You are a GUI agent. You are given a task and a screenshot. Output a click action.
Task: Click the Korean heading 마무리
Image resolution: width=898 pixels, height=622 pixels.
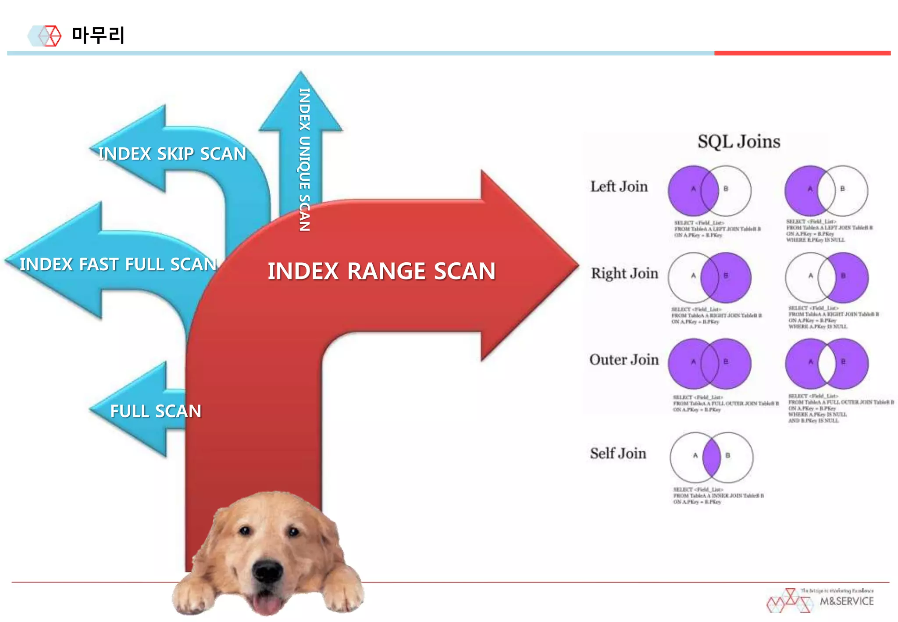click(98, 35)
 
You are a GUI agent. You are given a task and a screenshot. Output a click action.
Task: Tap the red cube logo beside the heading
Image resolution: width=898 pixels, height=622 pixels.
click(51, 36)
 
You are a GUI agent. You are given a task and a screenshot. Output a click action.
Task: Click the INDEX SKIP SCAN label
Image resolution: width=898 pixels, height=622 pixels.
click(172, 154)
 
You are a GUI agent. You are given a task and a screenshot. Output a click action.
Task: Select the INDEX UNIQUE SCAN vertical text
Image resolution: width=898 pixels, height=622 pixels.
click(304, 160)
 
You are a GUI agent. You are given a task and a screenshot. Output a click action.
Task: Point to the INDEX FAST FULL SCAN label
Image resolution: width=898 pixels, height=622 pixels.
click(118, 265)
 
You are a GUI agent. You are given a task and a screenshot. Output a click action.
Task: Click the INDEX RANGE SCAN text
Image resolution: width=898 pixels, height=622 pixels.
click(381, 271)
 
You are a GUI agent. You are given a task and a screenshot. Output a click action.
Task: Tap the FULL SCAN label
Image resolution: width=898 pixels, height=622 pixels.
click(155, 411)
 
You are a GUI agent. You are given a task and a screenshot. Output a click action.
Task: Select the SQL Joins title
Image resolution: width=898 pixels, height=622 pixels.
click(739, 142)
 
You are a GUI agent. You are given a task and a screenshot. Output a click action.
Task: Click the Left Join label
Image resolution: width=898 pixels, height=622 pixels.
click(619, 187)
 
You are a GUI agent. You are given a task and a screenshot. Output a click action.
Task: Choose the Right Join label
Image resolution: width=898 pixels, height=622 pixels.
click(624, 274)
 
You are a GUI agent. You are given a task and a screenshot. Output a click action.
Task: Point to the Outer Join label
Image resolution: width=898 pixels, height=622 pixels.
click(624, 360)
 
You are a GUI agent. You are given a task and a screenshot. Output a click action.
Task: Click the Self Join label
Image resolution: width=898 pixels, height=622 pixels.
click(618, 454)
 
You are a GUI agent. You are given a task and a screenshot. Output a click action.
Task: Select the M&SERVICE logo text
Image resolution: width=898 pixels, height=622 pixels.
click(846, 601)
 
